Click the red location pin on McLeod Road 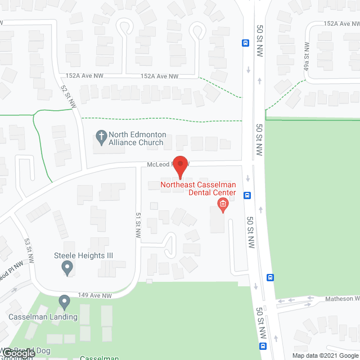[179, 166]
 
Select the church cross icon [101, 136]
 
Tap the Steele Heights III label [83, 255]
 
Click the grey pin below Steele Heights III [67, 269]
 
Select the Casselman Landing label [43, 317]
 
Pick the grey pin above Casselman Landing [64, 303]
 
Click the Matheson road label [341, 299]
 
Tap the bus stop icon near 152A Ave [245, 42]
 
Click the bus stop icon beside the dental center [247, 195]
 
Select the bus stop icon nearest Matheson [271, 277]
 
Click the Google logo [19, 353]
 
